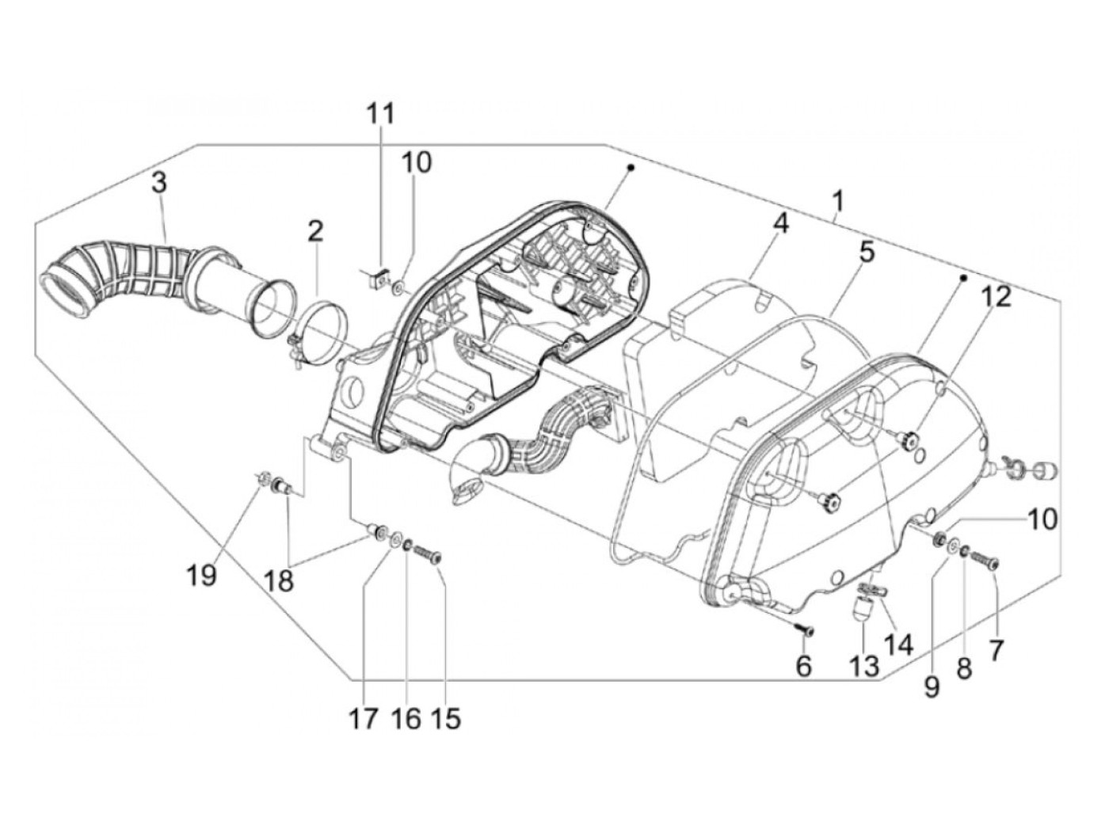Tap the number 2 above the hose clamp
click(x=315, y=232)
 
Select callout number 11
click(x=380, y=113)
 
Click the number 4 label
click(x=781, y=223)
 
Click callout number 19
click(x=202, y=575)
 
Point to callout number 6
click(x=803, y=667)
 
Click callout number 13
click(x=865, y=666)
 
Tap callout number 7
click(x=996, y=651)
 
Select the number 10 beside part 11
click(x=417, y=162)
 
